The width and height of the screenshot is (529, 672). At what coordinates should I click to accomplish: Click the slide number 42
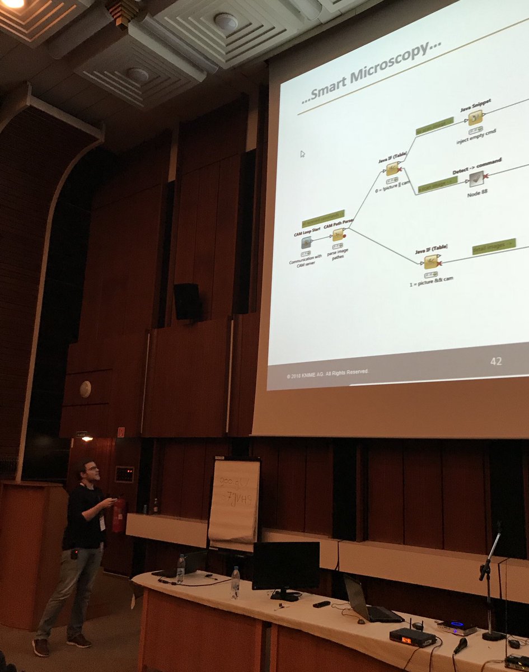pos(495,361)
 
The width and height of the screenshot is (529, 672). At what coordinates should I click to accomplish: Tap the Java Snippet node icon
pos(475,118)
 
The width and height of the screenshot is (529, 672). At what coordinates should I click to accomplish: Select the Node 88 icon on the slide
pos(476,178)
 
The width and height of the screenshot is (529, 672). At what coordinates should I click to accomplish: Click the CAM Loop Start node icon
pos(306,242)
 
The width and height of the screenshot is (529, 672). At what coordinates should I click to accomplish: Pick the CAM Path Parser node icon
pos(338,235)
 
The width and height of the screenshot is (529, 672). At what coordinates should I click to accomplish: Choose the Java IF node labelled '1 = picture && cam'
pos(430,262)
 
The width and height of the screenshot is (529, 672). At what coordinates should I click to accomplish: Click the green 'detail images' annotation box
pos(493,246)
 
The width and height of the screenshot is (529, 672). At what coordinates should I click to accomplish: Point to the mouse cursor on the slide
pos(303,154)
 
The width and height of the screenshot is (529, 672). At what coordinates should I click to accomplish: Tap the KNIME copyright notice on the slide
pos(327,372)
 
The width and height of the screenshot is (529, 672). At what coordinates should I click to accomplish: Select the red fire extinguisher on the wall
pos(119,515)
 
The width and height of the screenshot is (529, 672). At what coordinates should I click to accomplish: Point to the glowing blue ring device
pos(456,625)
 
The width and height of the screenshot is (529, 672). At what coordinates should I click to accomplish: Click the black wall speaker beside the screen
pos(187,301)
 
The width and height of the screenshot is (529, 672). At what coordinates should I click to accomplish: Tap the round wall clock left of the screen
pos(85,389)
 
